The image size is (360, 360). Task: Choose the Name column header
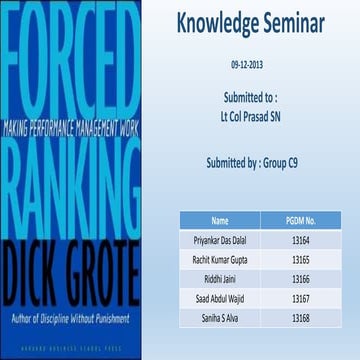pos(221,221)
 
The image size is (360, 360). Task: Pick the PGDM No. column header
pos(300,221)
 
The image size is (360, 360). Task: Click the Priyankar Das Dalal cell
pos(221,241)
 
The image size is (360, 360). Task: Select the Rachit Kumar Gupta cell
pos(221,260)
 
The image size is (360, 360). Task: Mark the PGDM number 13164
pos(300,241)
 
